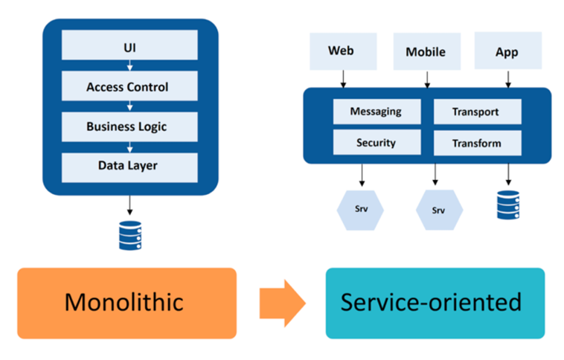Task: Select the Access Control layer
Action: (129, 87)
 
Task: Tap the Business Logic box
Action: (129, 126)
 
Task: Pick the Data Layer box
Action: (129, 165)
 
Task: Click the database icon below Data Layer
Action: (129, 234)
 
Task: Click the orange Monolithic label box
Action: (126, 303)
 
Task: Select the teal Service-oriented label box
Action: (435, 303)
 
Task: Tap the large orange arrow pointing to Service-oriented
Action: (281, 303)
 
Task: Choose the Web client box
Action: (342, 51)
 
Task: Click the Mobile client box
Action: (425, 51)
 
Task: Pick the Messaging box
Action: (376, 112)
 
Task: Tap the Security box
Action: (376, 142)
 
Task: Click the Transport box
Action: (476, 112)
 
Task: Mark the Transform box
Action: (476, 142)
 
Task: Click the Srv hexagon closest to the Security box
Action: (361, 209)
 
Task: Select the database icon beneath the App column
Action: (507, 205)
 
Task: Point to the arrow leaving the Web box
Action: (343, 78)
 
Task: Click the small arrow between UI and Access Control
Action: (129, 67)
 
